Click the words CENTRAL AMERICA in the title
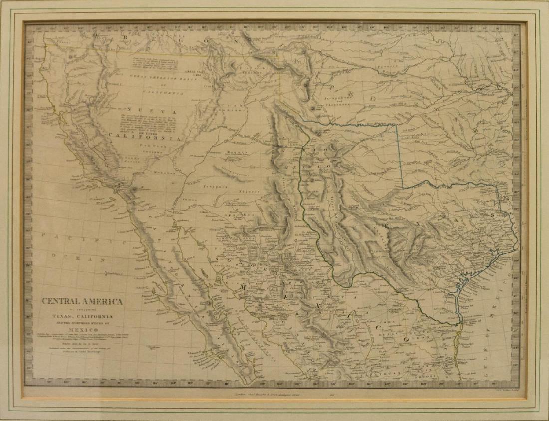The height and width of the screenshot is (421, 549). click(82, 301)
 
